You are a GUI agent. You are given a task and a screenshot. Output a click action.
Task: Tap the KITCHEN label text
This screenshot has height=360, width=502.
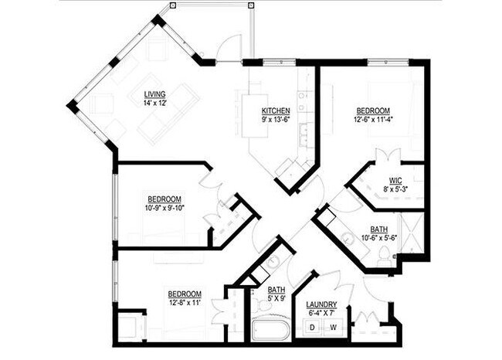point(276,110)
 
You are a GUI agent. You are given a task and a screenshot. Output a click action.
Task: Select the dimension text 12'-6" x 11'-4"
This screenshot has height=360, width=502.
point(373,119)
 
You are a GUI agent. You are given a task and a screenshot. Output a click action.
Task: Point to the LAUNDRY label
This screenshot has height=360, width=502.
point(320,304)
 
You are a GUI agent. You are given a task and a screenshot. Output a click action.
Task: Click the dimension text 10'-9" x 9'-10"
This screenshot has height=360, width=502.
point(165,207)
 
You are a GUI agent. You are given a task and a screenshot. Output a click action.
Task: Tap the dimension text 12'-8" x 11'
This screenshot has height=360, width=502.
point(185,303)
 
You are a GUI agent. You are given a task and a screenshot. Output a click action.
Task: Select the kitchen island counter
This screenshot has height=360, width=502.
point(255,116)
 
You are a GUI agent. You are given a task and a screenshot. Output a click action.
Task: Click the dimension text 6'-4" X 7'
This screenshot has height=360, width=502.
point(320,313)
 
